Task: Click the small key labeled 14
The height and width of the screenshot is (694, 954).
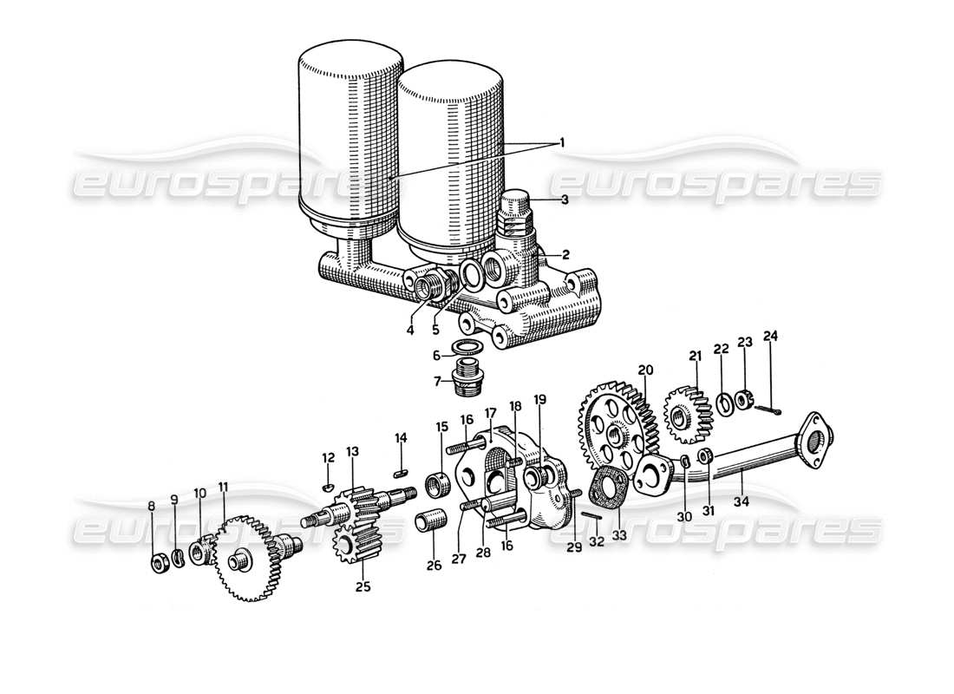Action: point(401,473)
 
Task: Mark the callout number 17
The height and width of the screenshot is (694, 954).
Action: point(490,413)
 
